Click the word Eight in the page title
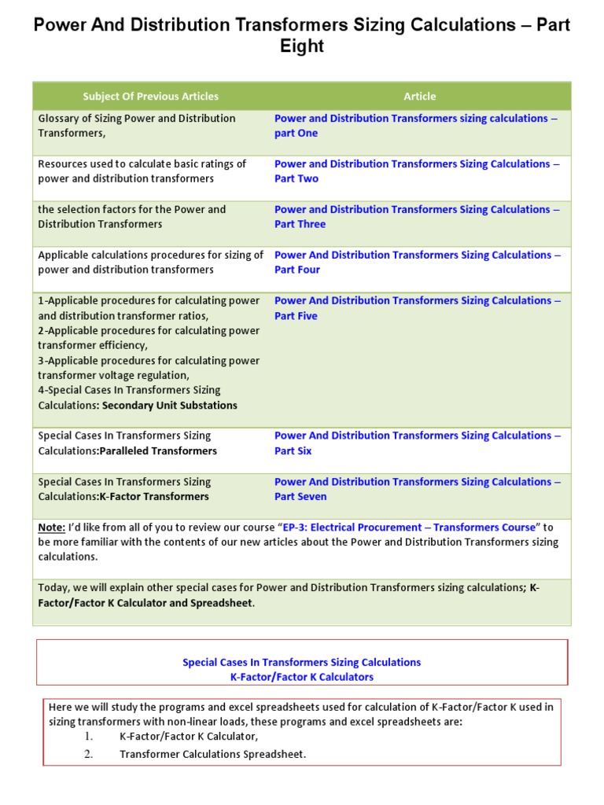coord(302,46)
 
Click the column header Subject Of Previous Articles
coord(150,96)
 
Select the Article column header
coord(419,96)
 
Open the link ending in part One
coord(416,126)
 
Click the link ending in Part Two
coord(416,171)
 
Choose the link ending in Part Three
coord(416,217)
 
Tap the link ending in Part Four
coord(416,263)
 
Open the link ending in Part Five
coord(416,308)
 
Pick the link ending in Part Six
coord(416,443)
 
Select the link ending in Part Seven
coord(416,489)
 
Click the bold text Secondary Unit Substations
coord(169,406)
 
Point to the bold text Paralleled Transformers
coord(158,451)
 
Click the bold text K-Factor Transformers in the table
coord(154,497)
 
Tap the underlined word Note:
coord(52,527)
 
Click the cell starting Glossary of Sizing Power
coord(137,126)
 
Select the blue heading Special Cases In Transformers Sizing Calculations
coord(302,662)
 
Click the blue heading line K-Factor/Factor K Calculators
coord(302,676)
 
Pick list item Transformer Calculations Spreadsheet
coord(212,754)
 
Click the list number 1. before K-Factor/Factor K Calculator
coord(89,737)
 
